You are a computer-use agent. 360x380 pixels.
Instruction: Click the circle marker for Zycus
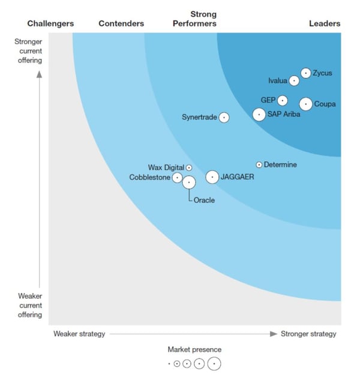[306, 73]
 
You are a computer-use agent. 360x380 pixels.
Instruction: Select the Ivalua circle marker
[294, 80]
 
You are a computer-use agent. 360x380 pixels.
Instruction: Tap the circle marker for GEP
[282, 100]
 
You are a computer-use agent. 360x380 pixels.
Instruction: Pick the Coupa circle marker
[306, 104]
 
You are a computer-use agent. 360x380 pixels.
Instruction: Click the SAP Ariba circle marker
[259, 114]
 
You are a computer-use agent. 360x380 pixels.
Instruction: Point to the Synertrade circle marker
[224, 118]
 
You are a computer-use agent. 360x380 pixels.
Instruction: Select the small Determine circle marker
[259, 164]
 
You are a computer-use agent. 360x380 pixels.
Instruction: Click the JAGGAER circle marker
[212, 177]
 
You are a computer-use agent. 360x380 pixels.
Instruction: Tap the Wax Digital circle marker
[189, 168]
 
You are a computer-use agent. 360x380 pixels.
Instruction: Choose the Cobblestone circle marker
[177, 178]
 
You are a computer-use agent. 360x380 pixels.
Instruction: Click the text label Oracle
[204, 201]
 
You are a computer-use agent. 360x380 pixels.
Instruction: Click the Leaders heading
[324, 23]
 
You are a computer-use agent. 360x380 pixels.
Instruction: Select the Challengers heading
[50, 23]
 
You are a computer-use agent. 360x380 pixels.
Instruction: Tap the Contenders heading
[121, 23]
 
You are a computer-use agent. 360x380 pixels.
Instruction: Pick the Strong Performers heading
[194, 19]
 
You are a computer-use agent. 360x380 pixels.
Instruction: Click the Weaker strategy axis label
[79, 334]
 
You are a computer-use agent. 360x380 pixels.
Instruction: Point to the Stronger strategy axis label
[308, 334]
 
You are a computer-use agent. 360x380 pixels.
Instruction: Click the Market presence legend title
[194, 349]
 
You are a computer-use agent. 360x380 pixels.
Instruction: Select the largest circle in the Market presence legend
[214, 364]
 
